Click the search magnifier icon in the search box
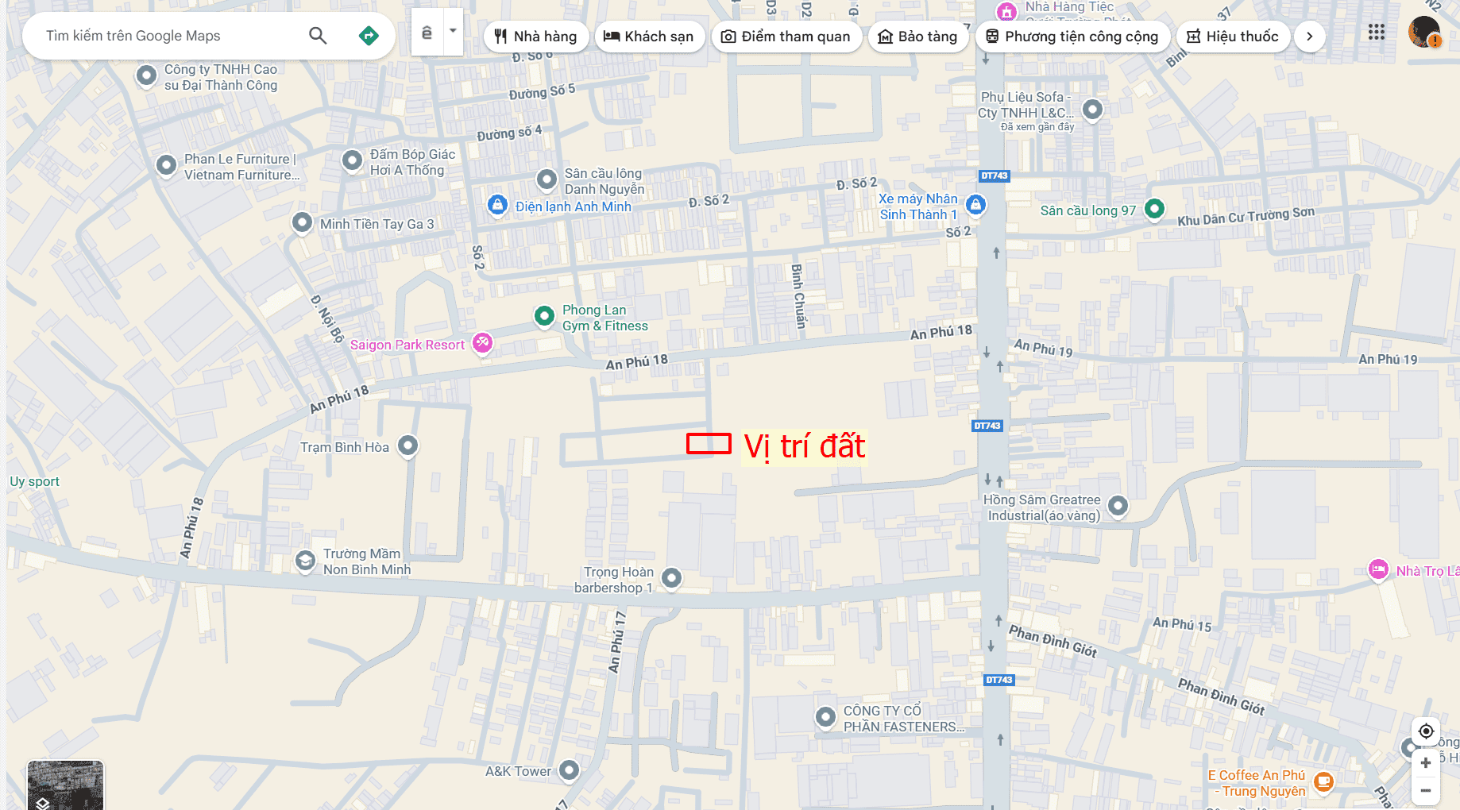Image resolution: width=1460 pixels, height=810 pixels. [x=318, y=36]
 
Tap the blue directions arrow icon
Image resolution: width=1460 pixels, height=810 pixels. [x=369, y=36]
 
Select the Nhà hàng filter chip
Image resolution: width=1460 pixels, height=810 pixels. [x=536, y=37]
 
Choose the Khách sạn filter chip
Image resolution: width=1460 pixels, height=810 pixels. [x=649, y=37]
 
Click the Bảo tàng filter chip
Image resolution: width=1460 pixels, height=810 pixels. [x=918, y=37]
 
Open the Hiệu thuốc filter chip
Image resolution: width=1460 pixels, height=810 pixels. [x=1233, y=37]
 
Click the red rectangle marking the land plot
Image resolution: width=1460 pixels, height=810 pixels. [x=709, y=444]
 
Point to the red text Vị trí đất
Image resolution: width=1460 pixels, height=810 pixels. [x=804, y=446]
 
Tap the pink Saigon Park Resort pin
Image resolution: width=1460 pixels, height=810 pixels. [x=482, y=343]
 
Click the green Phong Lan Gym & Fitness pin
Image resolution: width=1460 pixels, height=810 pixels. [x=544, y=316]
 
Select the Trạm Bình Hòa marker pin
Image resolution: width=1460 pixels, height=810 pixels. [x=407, y=445]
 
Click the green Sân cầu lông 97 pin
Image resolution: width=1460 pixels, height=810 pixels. [x=1154, y=209]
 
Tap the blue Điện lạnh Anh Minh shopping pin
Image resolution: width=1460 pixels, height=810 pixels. [x=497, y=205]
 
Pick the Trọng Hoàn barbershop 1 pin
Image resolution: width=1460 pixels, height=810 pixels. [x=671, y=577]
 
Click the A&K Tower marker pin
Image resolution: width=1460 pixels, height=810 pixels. [x=569, y=769]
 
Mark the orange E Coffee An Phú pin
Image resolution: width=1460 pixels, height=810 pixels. [x=1323, y=781]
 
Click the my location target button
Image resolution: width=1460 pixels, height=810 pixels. [x=1426, y=731]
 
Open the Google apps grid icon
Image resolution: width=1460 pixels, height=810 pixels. [x=1377, y=33]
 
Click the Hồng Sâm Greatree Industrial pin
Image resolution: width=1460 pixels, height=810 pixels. [x=1118, y=505]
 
